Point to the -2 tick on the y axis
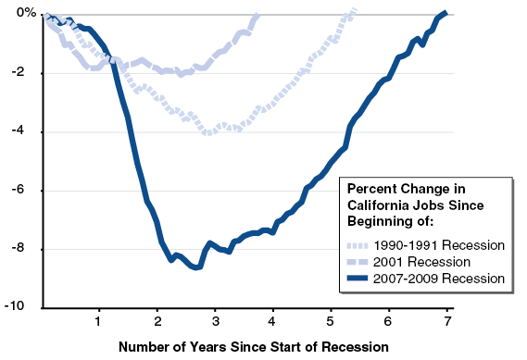tap(26, 73)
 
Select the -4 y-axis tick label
tap(26, 131)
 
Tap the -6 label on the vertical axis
tap(26, 191)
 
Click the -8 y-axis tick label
tap(26, 249)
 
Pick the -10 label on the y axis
tap(23, 307)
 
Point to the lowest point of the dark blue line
tap(196, 267)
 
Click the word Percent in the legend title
tap(369, 188)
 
